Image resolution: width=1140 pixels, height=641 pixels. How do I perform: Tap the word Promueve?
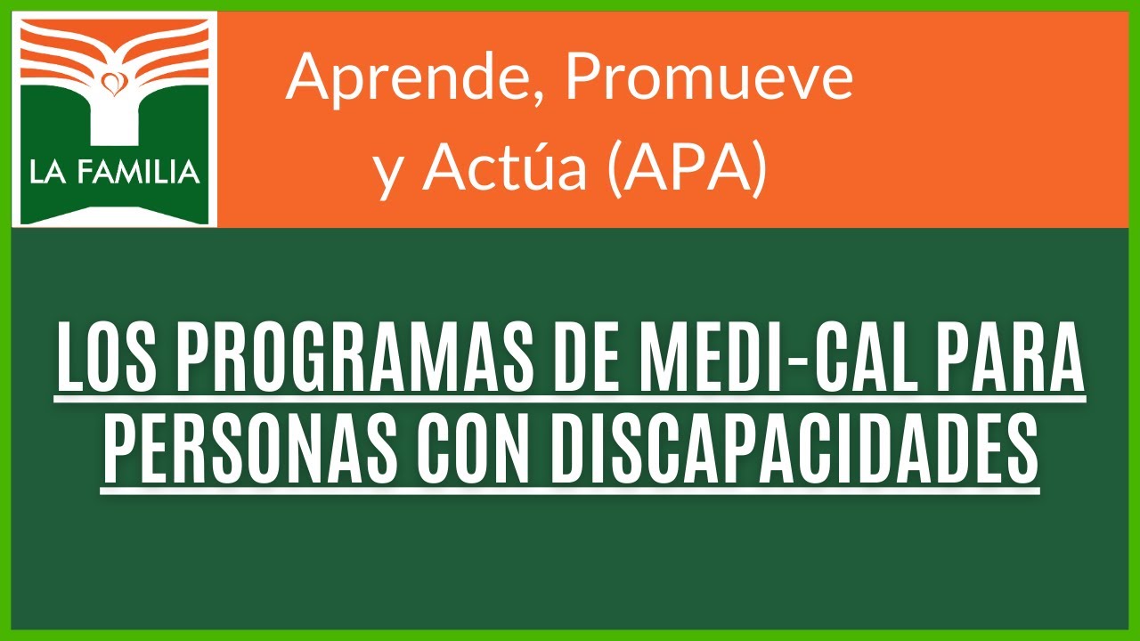[709, 78]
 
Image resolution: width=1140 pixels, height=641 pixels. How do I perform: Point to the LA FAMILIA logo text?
[114, 172]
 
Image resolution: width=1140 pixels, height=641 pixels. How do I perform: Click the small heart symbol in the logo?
[113, 85]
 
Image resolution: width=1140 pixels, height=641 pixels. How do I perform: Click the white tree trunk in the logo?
[113, 125]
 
